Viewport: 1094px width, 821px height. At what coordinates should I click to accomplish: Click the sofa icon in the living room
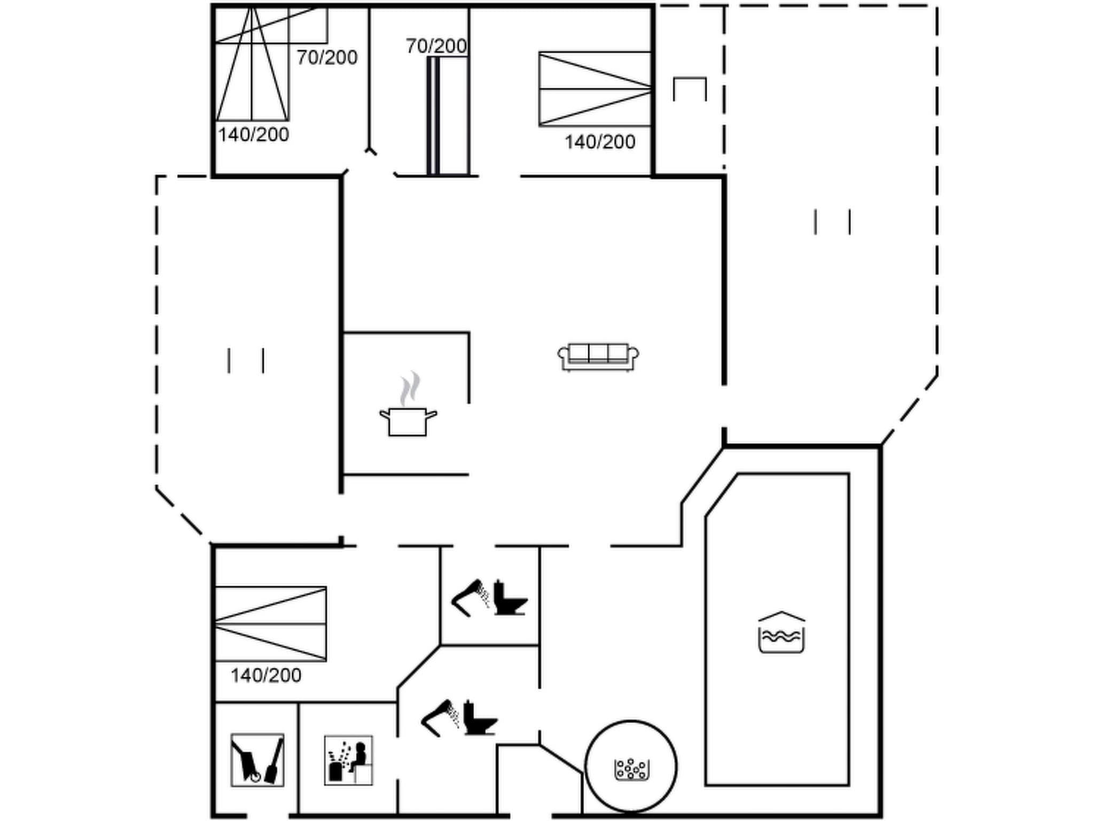click(598, 357)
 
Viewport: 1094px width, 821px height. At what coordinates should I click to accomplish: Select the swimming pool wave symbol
click(782, 633)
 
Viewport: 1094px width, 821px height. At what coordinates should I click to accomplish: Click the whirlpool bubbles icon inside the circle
click(631, 769)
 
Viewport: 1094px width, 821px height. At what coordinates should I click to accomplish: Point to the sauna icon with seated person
click(348, 760)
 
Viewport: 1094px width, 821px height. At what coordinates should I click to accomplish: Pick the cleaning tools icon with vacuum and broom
click(257, 760)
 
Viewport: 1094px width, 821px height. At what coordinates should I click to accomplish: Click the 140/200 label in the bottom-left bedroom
click(266, 676)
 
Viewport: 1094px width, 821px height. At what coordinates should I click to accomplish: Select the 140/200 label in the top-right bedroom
click(600, 142)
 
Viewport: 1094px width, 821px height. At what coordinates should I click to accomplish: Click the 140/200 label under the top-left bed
click(253, 135)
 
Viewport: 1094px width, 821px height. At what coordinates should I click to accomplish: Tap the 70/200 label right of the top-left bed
click(327, 58)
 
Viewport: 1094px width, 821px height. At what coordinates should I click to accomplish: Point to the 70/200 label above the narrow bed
click(436, 47)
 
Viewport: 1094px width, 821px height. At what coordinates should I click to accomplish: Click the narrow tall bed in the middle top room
click(448, 115)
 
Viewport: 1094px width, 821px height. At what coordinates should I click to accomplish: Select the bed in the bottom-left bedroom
click(270, 624)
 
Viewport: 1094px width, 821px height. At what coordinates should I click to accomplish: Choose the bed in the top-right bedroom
click(595, 89)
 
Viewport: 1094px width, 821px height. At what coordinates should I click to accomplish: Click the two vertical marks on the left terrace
click(246, 361)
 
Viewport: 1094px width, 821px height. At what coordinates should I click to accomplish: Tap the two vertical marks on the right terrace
click(832, 222)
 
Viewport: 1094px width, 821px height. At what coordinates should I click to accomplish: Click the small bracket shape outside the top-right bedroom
click(690, 88)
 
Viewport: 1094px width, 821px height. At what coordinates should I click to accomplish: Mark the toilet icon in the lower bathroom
click(480, 718)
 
